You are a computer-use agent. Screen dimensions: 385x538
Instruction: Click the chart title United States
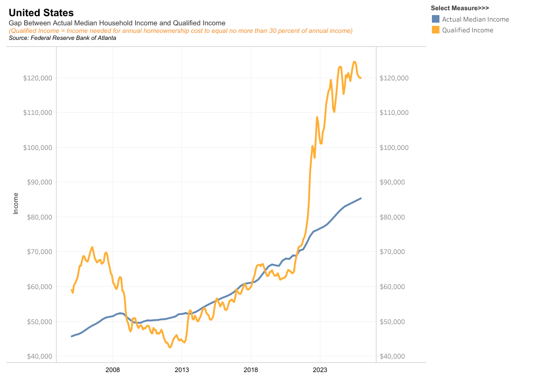click(x=41, y=12)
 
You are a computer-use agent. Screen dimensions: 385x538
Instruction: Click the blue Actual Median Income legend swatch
click(x=436, y=19)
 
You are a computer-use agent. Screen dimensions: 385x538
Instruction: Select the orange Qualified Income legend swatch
click(x=436, y=30)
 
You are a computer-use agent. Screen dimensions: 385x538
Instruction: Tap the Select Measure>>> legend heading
click(x=460, y=8)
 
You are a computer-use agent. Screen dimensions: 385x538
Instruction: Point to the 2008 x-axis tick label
click(x=113, y=370)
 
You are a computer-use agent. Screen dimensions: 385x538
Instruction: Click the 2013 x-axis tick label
click(x=181, y=370)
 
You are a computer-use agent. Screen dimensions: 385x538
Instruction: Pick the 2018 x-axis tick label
click(x=250, y=370)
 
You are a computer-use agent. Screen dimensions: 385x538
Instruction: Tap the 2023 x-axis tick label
click(x=319, y=370)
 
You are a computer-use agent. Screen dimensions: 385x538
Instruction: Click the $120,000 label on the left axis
click(x=38, y=78)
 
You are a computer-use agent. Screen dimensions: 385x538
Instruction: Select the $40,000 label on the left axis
click(x=38, y=356)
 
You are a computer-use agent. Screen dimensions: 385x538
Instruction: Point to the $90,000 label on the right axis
click(x=394, y=182)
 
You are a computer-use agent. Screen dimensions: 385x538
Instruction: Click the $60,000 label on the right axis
click(x=394, y=287)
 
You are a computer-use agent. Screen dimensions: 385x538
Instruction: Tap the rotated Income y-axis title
click(x=16, y=203)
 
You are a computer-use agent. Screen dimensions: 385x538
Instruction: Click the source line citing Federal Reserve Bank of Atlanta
click(x=62, y=38)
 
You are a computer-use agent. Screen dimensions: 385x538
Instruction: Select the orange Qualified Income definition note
click(x=181, y=31)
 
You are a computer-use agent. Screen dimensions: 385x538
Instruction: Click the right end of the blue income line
click(x=361, y=198)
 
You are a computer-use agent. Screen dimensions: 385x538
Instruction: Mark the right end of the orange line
click(x=361, y=78)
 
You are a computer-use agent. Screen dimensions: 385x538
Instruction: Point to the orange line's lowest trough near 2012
click(x=170, y=347)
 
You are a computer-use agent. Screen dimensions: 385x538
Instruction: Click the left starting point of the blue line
click(x=72, y=336)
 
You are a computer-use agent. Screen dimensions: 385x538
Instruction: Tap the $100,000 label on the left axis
click(x=38, y=148)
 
